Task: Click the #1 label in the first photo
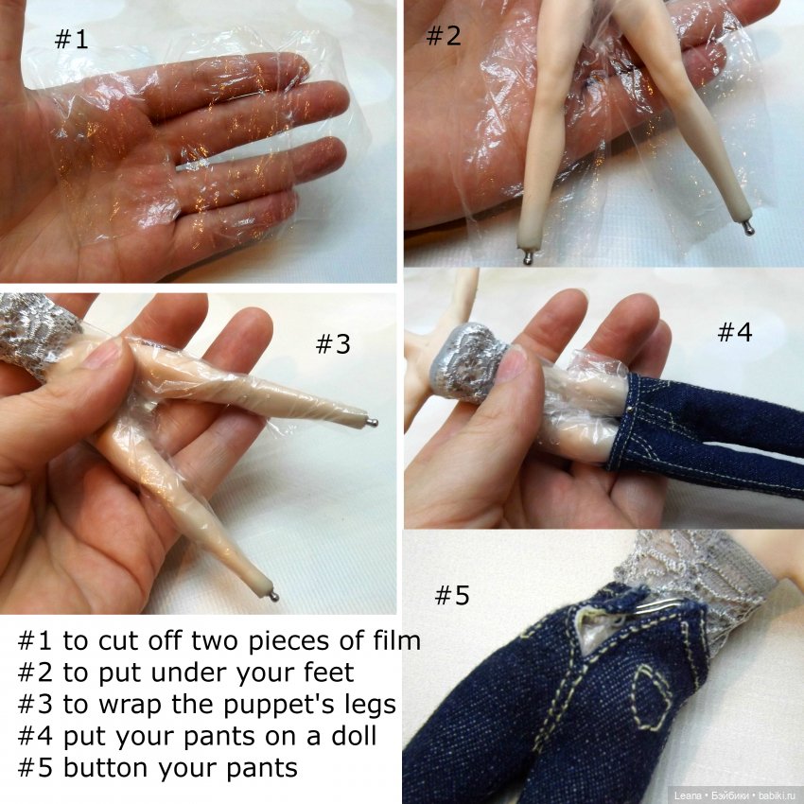pos(71,39)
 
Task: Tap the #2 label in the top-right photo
pos(444,35)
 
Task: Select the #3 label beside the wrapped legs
pos(333,343)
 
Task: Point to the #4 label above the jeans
pos(735,332)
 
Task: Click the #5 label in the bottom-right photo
pos(452,595)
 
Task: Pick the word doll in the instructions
pos(355,736)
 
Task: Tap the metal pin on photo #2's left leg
pos(528,257)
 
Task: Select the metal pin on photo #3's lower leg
pos(273,595)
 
